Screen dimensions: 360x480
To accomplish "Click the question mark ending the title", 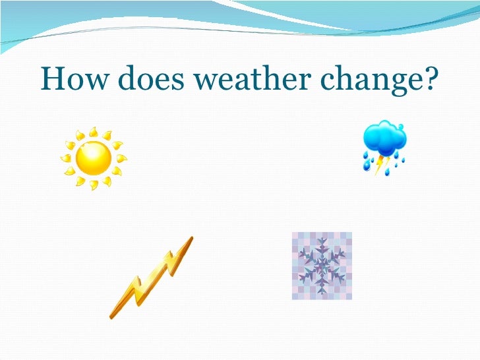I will pos(431,80).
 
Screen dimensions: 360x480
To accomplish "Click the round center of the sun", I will pos(93,158).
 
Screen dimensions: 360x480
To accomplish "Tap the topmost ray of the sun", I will pos(92,131).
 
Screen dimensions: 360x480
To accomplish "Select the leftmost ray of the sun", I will pos(65,159).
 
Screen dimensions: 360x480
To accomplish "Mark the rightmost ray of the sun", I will pos(121,158).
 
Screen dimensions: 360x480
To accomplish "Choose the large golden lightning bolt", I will pos(151,277).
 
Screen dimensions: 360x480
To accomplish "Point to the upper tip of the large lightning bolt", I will pos(191,239).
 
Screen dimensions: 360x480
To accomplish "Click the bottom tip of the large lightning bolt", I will pos(111,316).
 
